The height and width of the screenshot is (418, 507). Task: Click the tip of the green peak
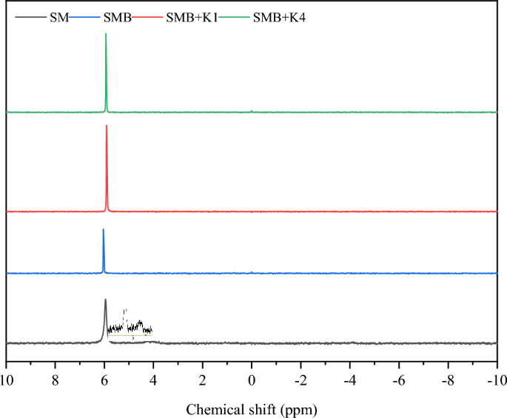pyautogui.click(x=106, y=34)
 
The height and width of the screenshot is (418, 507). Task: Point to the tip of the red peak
pyautogui.click(x=107, y=126)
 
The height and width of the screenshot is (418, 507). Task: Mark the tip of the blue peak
pyautogui.click(x=103, y=229)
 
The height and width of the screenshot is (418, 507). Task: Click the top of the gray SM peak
pyautogui.click(x=105, y=300)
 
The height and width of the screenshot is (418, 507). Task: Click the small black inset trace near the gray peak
pyautogui.click(x=130, y=326)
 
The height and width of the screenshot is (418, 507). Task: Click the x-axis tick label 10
pyautogui.click(x=6, y=380)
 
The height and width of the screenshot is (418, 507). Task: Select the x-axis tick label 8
pyautogui.click(x=55, y=380)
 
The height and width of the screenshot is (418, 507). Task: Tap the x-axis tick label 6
pyautogui.click(x=104, y=380)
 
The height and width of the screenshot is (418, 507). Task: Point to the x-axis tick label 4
pyautogui.click(x=153, y=380)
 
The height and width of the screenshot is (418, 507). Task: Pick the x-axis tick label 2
pyautogui.click(x=202, y=380)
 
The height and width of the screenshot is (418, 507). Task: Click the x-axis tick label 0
pyautogui.click(x=252, y=380)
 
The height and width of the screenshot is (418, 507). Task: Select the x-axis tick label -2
pyautogui.click(x=300, y=380)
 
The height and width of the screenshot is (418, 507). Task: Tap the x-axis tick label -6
pyautogui.click(x=399, y=380)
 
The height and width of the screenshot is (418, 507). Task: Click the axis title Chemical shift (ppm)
pyautogui.click(x=251, y=407)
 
